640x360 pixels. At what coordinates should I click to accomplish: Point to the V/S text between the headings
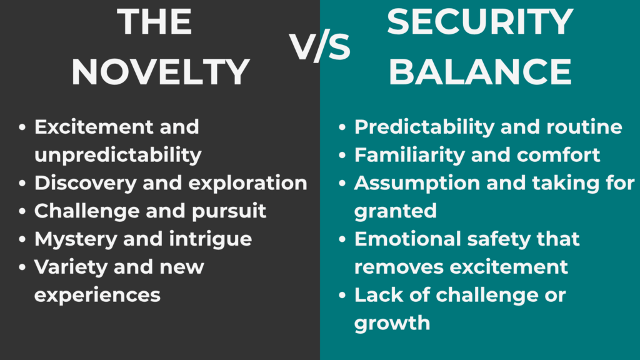click(x=319, y=46)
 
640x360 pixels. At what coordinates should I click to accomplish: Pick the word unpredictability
click(x=117, y=155)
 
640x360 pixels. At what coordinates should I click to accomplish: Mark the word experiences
click(x=97, y=295)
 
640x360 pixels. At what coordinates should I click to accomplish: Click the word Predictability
click(x=417, y=127)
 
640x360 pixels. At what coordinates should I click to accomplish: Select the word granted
click(x=395, y=211)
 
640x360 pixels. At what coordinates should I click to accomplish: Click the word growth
click(x=392, y=323)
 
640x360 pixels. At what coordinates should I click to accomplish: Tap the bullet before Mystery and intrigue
click(x=22, y=239)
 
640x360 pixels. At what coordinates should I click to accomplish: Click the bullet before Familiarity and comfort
click(x=342, y=156)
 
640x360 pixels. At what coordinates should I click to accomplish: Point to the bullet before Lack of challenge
click(x=342, y=296)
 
